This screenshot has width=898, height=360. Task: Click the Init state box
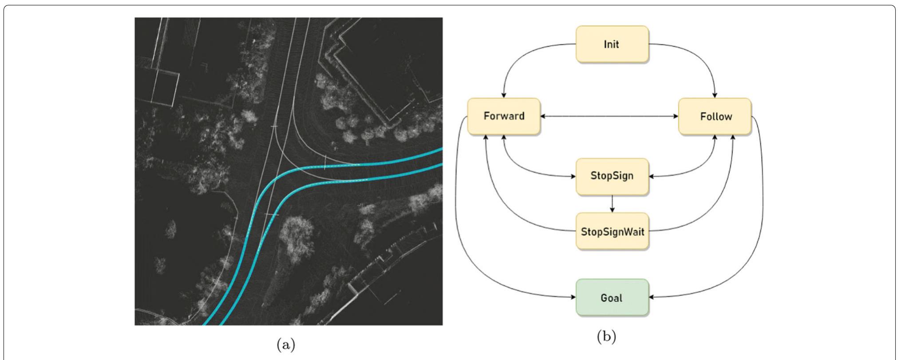(x=612, y=44)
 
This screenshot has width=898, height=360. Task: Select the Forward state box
(x=503, y=116)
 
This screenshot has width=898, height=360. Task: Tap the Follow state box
(x=715, y=116)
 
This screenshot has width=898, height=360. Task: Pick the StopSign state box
(x=612, y=176)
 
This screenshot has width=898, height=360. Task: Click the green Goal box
(x=612, y=297)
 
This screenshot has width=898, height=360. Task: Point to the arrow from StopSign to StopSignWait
(x=612, y=204)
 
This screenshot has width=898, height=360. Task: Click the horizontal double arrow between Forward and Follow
(x=609, y=116)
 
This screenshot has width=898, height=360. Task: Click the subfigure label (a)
(x=285, y=344)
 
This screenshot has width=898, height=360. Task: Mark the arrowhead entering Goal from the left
(x=573, y=297)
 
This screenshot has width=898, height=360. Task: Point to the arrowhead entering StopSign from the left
(x=573, y=176)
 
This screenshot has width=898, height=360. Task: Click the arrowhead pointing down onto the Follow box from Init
(x=715, y=95)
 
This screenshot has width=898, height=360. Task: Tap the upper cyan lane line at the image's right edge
(x=439, y=150)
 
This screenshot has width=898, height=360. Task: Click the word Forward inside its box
(x=503, y=116)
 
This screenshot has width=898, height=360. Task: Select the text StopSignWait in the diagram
(x=612, y=232)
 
